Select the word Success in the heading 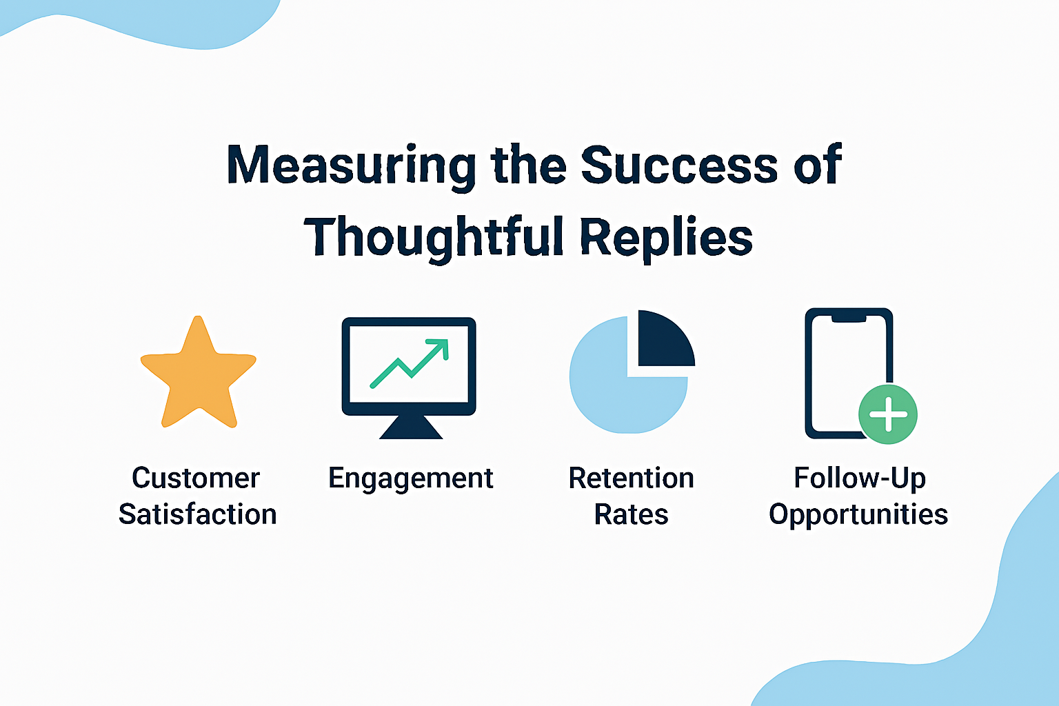coord(679,164)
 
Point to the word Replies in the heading coord(666,239)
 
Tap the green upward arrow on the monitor coord(409,363)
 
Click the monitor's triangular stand coord(411,427)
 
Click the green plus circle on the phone coord(888,414)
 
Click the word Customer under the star coord(195,478)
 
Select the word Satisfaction coord(198,514)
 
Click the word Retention coord(631,478)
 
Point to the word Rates coord(631,514)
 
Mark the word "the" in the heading coord(528,164)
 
